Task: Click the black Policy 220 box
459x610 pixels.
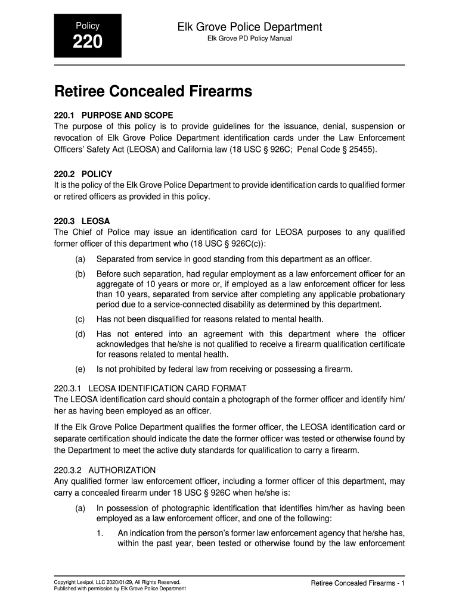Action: coord(88,36)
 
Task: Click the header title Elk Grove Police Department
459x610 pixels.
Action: coord(249,27)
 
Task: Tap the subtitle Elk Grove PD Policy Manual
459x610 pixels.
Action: coord(249,39)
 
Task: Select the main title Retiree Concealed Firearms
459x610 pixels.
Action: coord(153,92)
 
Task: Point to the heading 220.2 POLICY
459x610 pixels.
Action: coord(83,174)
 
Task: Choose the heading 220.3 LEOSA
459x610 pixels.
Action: coord(82,221)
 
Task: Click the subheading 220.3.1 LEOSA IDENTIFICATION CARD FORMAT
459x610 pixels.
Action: coord(150,388)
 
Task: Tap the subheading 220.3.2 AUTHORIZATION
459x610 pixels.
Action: coord(105,470)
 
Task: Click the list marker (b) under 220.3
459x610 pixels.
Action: coord(80,273)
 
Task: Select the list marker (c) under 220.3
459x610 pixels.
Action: coord(80,319)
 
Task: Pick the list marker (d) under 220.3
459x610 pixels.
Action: coord(80,334)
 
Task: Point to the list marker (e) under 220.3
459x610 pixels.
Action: coord(80,369)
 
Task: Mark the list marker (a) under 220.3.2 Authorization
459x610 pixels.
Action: coord(80,509)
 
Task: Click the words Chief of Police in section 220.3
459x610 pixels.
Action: coord(96,232)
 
